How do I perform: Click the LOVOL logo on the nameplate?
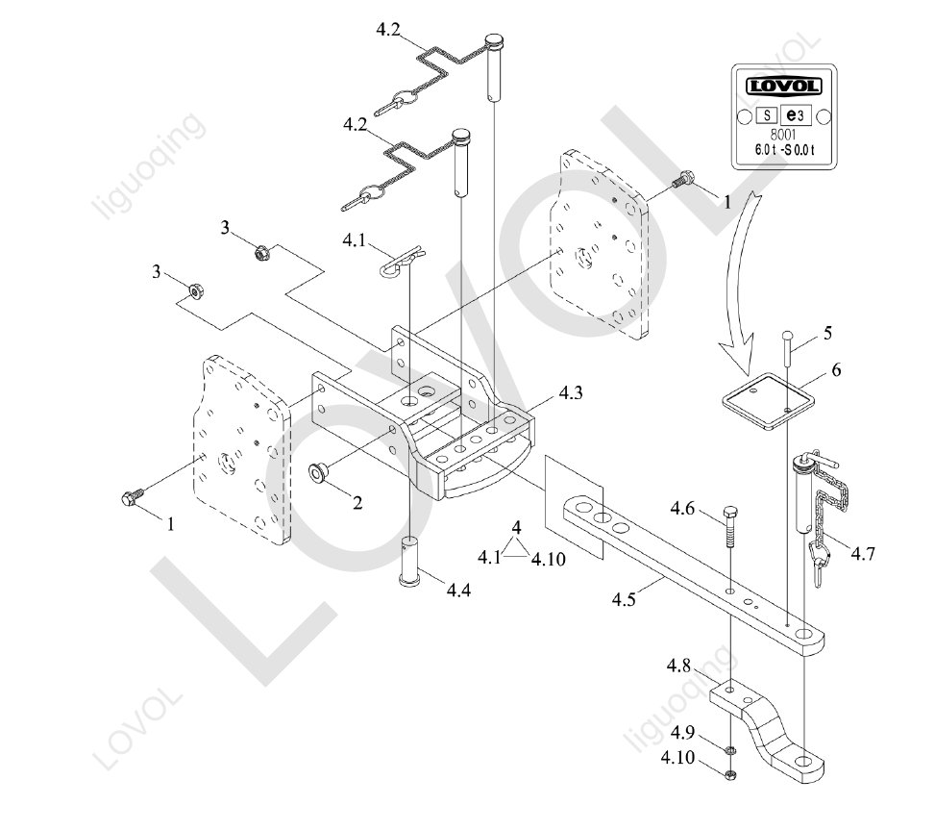click(783, 86)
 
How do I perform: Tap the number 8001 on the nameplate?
click(783, 135)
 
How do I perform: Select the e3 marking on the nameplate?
click(796, 114)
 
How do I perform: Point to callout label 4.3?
click(571, 392)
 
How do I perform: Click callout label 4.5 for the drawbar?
click(625, 599)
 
